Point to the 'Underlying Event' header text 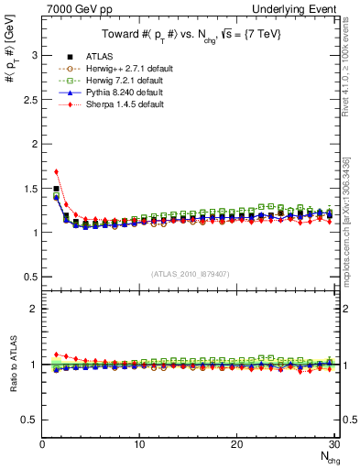(299, 8)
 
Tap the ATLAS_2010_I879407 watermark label (191, 273)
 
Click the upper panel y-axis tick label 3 (35, 55)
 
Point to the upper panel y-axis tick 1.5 (31, 188)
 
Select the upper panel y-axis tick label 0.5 (31, 277)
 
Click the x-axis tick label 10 (139, 444)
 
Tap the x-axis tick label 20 (236, 444)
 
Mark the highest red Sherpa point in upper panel (57, 171)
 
